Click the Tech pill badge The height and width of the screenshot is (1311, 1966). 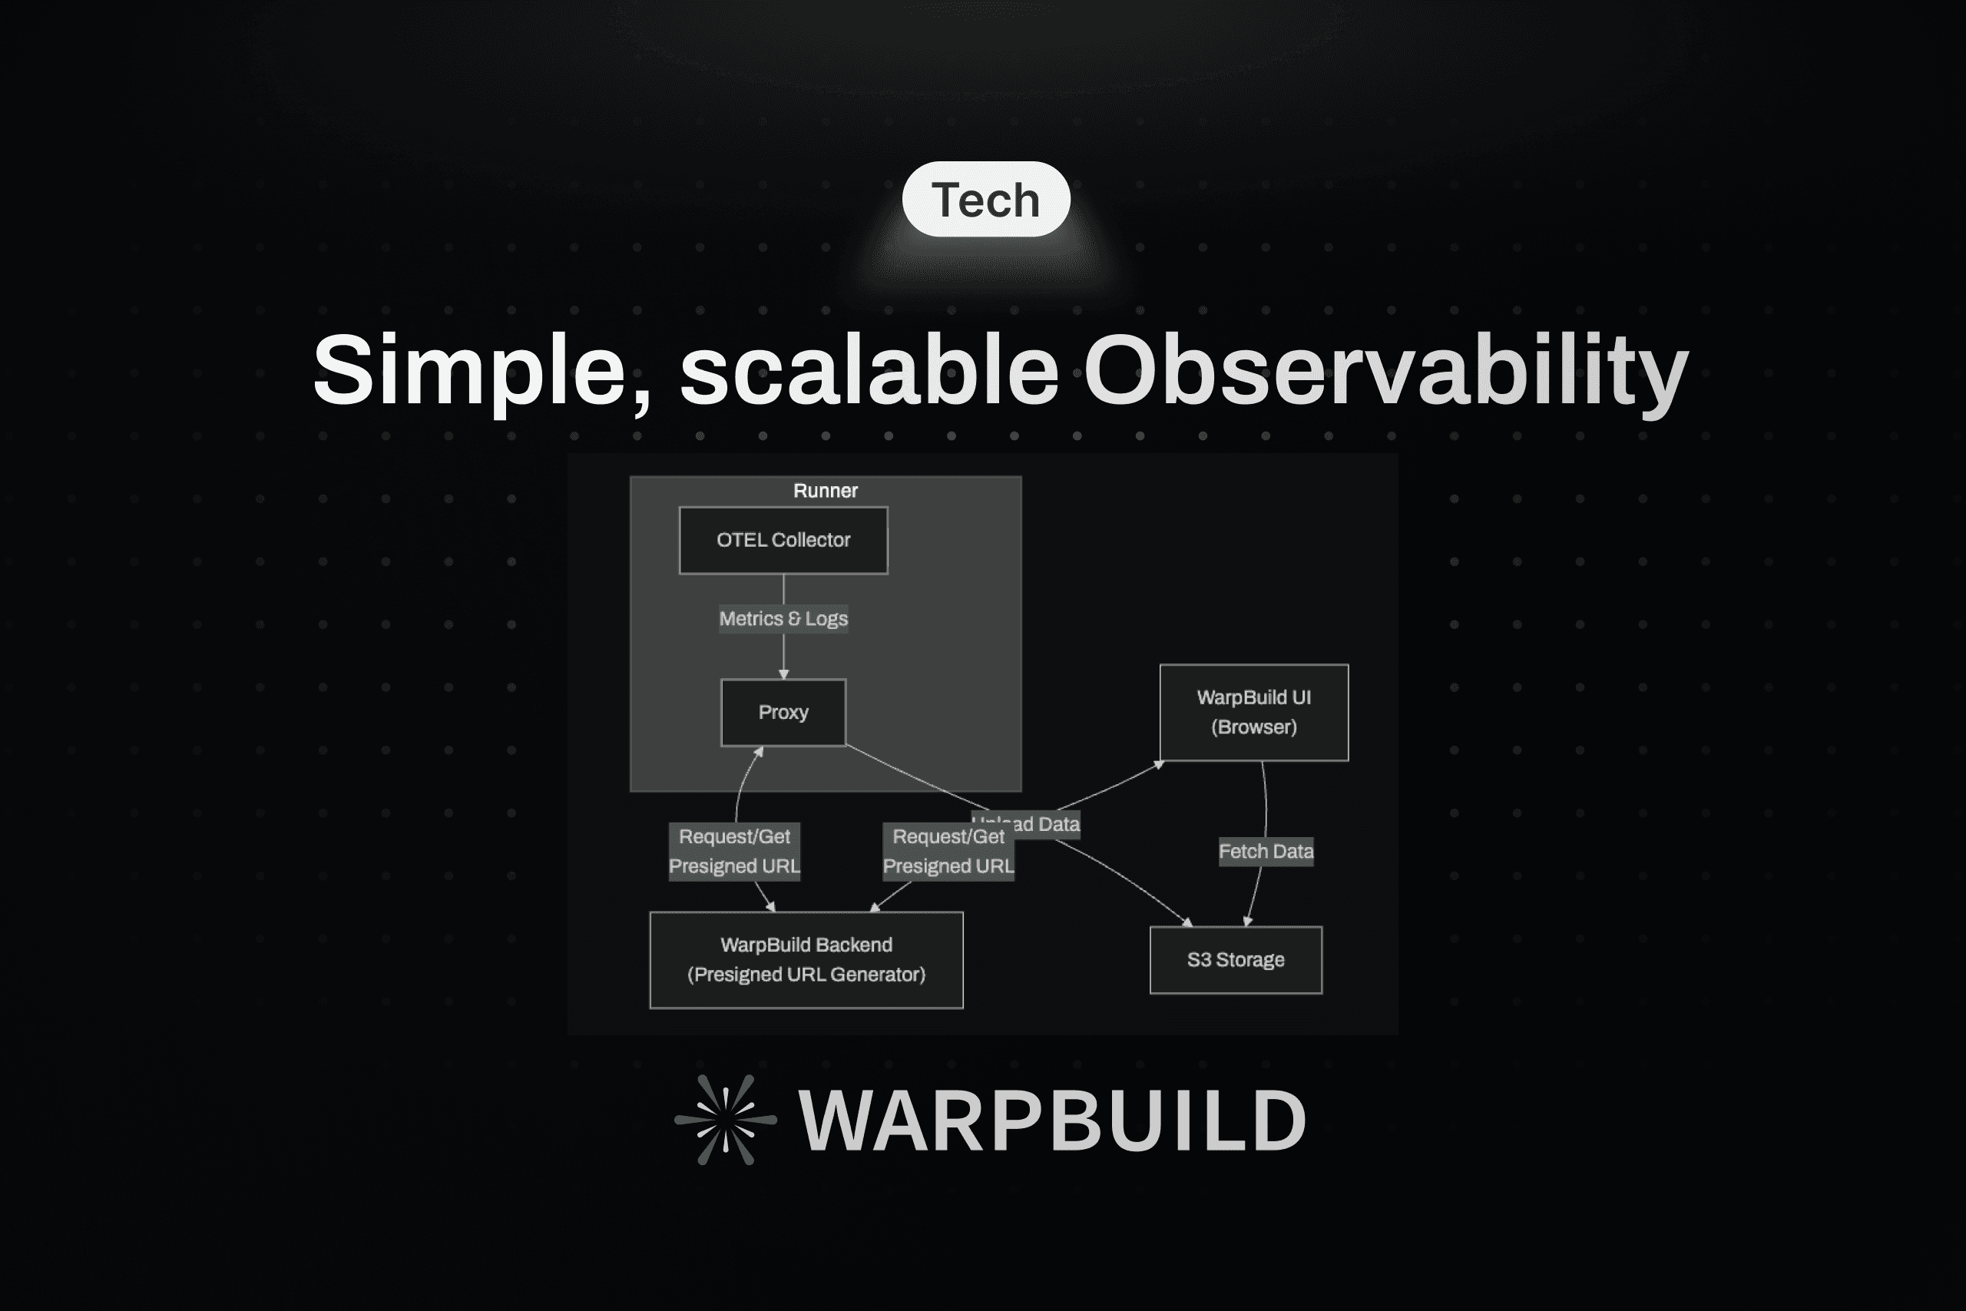[985, 199]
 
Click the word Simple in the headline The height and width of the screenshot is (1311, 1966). [471, 370]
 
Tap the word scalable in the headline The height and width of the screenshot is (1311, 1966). [869, 370]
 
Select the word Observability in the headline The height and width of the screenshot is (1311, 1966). [1385, 370]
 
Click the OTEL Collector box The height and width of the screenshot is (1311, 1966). [783, 540]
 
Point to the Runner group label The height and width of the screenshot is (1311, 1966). [825, 491]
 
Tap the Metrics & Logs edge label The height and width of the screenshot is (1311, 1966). [783, 619]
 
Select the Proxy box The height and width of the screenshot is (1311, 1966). [783, 713]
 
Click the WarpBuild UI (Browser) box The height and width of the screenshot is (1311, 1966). [1254, 713]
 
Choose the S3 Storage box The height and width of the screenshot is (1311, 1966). [1236, 960]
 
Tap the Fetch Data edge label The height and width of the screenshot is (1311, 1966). [1266, 851]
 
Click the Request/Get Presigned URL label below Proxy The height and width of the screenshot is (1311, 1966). [734, 851]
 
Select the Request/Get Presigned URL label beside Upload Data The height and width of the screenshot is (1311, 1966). [948, 851]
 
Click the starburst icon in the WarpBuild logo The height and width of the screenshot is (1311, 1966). [726, 1120]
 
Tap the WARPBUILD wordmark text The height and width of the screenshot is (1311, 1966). [1051, 1121]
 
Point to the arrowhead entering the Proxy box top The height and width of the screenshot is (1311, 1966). [783, 674]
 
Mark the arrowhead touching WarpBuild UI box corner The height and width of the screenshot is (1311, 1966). [1159, 764]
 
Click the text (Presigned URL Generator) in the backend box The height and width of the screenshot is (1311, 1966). [806, 975]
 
